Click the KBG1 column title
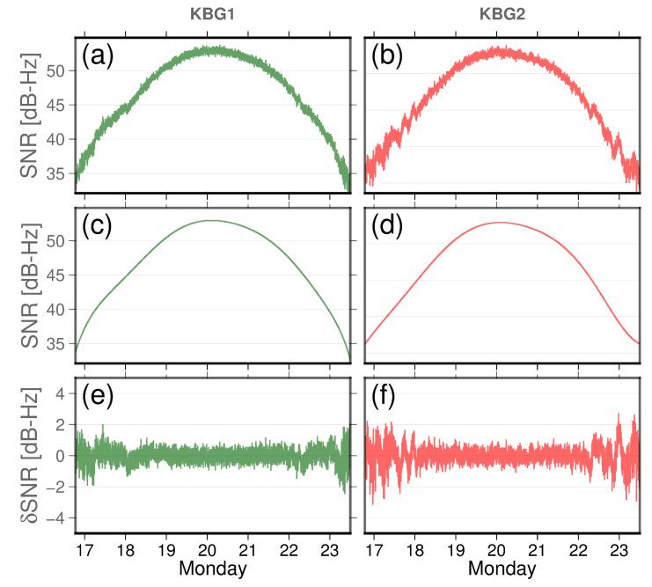pos(212,14)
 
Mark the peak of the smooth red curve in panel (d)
pos(499,223)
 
